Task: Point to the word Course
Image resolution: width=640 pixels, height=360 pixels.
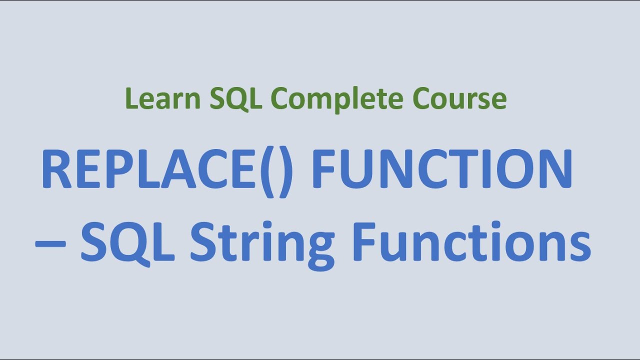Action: [459, 98]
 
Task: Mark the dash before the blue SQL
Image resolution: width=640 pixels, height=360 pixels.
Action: [50, 245]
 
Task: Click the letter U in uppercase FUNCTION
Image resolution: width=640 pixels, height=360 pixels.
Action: [356, 170]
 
